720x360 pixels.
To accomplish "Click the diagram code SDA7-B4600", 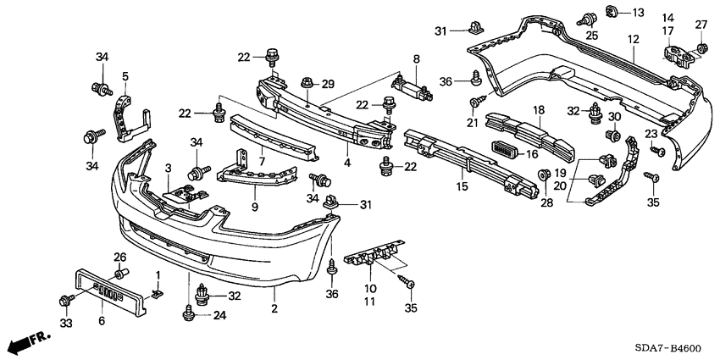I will click(668, 347).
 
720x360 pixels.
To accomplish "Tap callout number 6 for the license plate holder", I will click(102, 320).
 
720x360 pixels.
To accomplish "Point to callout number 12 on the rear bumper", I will click(633, 39).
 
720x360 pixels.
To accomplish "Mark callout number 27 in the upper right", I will click(701, 24).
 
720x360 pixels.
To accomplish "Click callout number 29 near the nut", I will click(328, 83).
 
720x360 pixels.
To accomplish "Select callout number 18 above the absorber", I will click(538, 110).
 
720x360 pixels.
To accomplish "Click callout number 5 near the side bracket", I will click(125, 75).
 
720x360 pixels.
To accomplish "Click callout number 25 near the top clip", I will click(591, 35).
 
